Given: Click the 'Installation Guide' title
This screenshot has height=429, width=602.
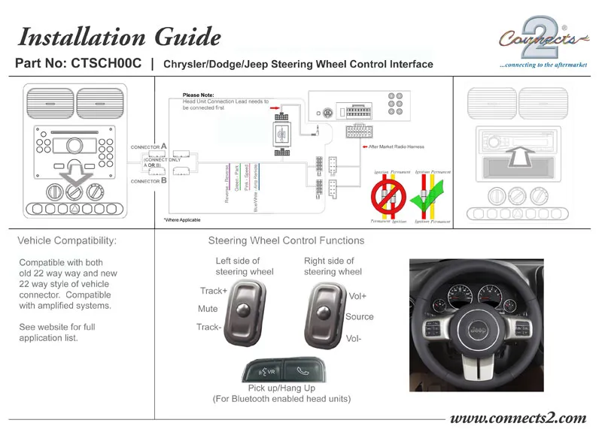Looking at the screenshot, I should [119, 36].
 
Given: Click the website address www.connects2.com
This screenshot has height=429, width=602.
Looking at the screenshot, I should [517, 418].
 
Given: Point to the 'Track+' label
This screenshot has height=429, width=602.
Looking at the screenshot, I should [213, 291].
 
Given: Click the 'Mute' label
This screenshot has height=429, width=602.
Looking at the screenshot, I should [208, 309].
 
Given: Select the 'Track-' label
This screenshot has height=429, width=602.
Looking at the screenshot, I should [209, 327].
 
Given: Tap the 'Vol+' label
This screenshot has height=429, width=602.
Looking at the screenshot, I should [357, 297].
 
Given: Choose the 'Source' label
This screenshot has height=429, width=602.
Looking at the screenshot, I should [359, 316].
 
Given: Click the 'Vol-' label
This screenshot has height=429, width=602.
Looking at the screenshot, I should [354, 339].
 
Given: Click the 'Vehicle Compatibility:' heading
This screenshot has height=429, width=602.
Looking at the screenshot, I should [67, 241].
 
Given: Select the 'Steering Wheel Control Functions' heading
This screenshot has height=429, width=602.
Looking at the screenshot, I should [286, 241].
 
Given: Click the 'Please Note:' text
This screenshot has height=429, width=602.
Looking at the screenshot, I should [198, 95].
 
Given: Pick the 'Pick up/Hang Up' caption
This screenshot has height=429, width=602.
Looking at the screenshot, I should [282, 388].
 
